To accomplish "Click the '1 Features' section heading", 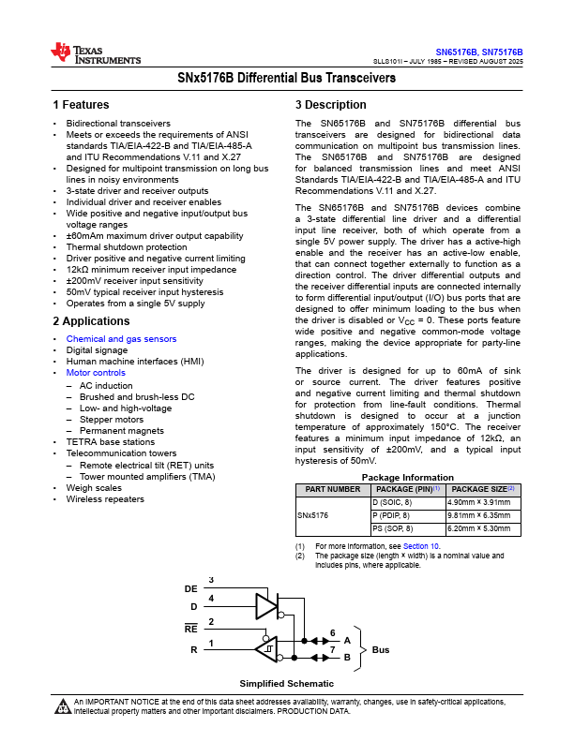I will click(81, 105).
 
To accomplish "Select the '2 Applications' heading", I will click(91, 321).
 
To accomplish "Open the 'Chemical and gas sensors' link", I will click(121, 339).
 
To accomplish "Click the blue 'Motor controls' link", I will click(96, 373).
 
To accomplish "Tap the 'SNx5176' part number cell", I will click(313, 515).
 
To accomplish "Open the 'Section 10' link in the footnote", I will click(422, 545).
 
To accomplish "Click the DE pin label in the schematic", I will click(191, 589).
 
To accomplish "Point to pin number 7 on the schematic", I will click(332, 649).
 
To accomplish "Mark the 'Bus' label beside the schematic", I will click(381, 649).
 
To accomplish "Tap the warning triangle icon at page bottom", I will click(63, 705).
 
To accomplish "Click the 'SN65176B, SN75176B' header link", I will click(478, 52).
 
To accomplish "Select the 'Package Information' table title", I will click(408, 477).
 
